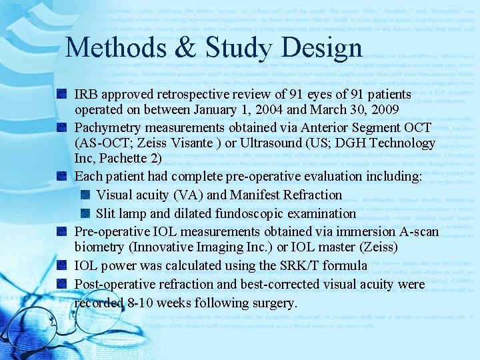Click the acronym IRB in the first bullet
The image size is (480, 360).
pos(86,95)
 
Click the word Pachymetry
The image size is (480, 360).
pos(106,127)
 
